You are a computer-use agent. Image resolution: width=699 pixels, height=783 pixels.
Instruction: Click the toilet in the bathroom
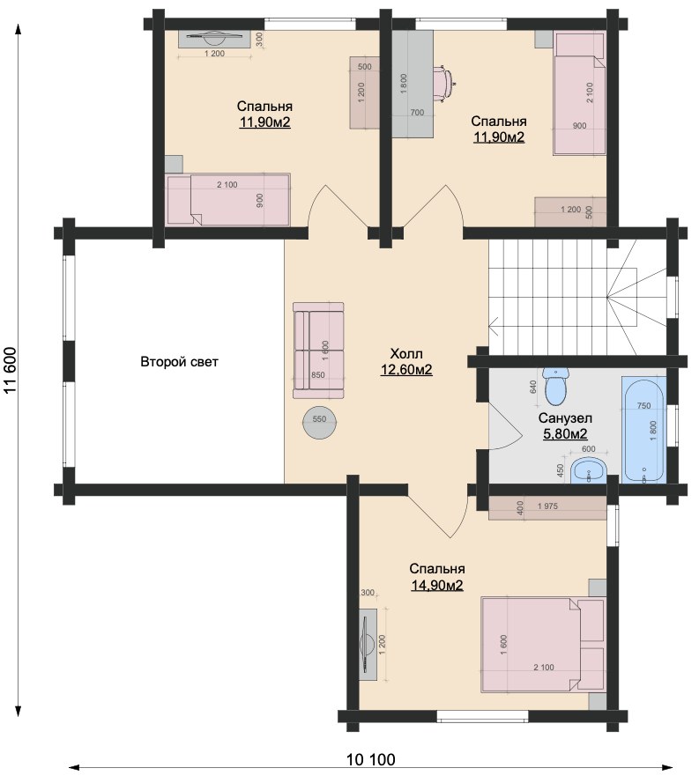click(556, 387)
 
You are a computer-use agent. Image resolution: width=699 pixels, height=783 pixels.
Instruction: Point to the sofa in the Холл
click(318, 351)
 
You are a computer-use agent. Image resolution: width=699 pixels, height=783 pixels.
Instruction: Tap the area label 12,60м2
click(406, 370)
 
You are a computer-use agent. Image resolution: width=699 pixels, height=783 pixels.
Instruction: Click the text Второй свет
click(179, 361)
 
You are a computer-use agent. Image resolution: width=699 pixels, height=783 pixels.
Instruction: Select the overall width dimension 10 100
click(371, 760)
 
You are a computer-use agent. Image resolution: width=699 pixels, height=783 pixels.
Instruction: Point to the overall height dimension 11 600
click(11, 371)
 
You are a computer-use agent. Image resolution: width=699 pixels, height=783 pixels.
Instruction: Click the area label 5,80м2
click(565, 433)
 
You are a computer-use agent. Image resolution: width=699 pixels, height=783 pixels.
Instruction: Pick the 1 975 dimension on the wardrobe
click(547, 506)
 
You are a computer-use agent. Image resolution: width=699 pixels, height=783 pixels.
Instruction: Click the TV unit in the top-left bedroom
click(214, 40)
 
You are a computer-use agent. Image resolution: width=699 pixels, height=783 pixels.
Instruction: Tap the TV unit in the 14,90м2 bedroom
click(368, 643)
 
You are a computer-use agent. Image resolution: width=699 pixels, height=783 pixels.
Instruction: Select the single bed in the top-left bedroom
click(227, 200)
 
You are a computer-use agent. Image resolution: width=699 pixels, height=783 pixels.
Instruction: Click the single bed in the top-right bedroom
click(579, 94)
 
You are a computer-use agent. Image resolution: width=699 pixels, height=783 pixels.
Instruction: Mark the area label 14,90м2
click(437, 585)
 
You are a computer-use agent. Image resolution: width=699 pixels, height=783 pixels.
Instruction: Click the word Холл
click(406, 354)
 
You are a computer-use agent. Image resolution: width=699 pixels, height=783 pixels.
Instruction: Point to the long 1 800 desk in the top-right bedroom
click(413, 84)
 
